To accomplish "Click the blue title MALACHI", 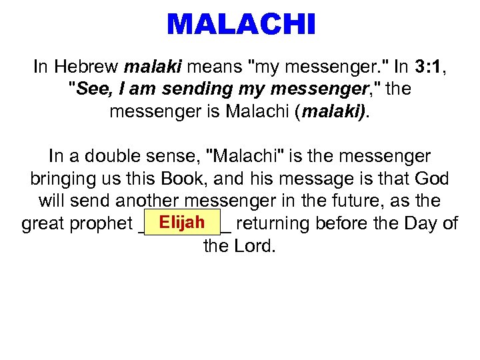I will coord(240,25).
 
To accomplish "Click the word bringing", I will coord(64,179).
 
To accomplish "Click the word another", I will coord(148,201).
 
